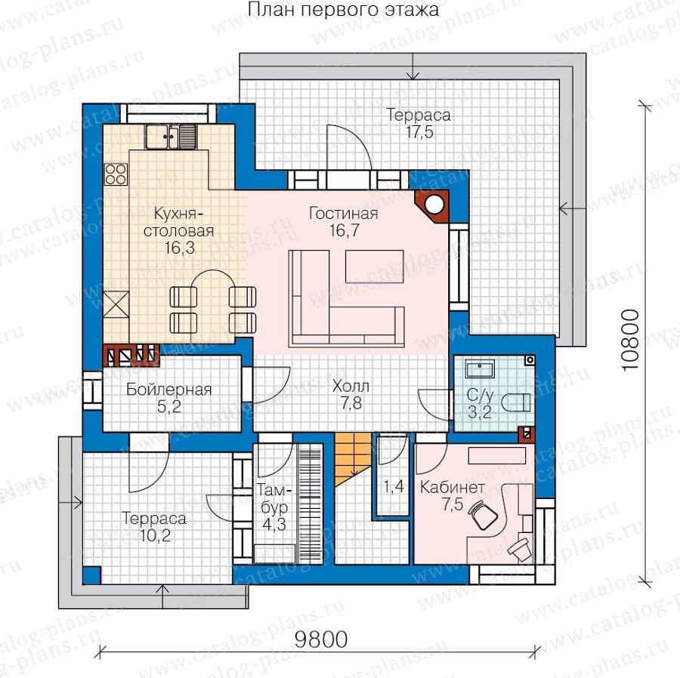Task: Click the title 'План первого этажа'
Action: [x=343, y=10]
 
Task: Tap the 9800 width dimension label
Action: [x=321, y=639]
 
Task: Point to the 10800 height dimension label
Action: [x=630, y=340]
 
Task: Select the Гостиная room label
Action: [x=343, y=213]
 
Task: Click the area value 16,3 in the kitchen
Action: [x=179, y=248]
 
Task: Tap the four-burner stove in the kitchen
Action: [x=116, y=174]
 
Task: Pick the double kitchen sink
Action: [x=171, y=137]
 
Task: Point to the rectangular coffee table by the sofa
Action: [x=375, y=266]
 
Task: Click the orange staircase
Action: [x=353, y=459]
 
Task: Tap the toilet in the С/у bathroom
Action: [x=516, y=402]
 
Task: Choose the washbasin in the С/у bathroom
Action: [x=480, y=368]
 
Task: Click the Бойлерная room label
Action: [x=168, y=390]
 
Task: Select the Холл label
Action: [x=351, y=386]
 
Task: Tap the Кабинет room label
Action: [x=453, y=488]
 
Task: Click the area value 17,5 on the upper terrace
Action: [x=419, y=131]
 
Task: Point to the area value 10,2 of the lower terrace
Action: [x=155, y=535]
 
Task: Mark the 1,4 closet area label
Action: [x=394, y=486]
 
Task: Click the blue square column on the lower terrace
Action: [x=91, y=575]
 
